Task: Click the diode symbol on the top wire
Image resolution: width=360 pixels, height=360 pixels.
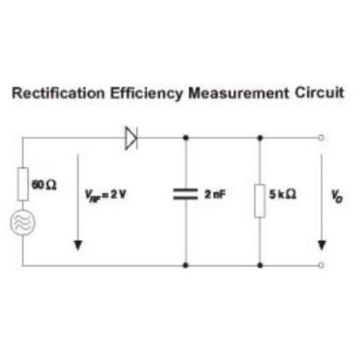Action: (131, 138)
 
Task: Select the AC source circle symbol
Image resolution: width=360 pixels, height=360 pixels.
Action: (22, 222)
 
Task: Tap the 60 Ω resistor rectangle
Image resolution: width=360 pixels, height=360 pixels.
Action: (23, 184)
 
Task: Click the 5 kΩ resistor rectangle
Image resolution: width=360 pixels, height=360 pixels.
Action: (260, 201)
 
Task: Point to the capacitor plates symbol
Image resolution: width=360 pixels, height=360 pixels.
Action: (186, 194)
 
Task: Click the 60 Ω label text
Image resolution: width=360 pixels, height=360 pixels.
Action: (44, 185)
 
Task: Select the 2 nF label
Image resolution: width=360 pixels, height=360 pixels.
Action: (215, 194)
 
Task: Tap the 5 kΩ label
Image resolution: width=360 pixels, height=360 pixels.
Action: (282, 194)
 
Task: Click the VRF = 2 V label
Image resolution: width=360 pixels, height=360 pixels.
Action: (106, 195)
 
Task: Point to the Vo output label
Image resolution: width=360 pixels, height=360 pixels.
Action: (337, 196)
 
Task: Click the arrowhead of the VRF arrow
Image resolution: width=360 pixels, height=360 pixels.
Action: (78, 246)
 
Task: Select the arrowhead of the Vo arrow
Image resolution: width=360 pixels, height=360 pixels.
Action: (322, 246)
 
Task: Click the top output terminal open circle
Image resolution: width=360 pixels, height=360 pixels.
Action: (322, 138)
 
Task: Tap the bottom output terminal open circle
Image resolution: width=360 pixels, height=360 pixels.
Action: (322, 265)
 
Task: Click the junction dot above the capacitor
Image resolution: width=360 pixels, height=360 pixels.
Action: (186, 138)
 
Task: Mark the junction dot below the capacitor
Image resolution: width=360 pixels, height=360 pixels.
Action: (186, 265)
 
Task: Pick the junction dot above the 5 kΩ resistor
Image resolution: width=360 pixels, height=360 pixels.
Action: (260, 138)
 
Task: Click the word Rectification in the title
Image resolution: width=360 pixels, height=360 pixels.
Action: (58, 93)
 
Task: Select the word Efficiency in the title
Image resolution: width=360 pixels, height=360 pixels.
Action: (146, 94)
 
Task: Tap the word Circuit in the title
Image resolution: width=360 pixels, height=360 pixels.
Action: (319, 93)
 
